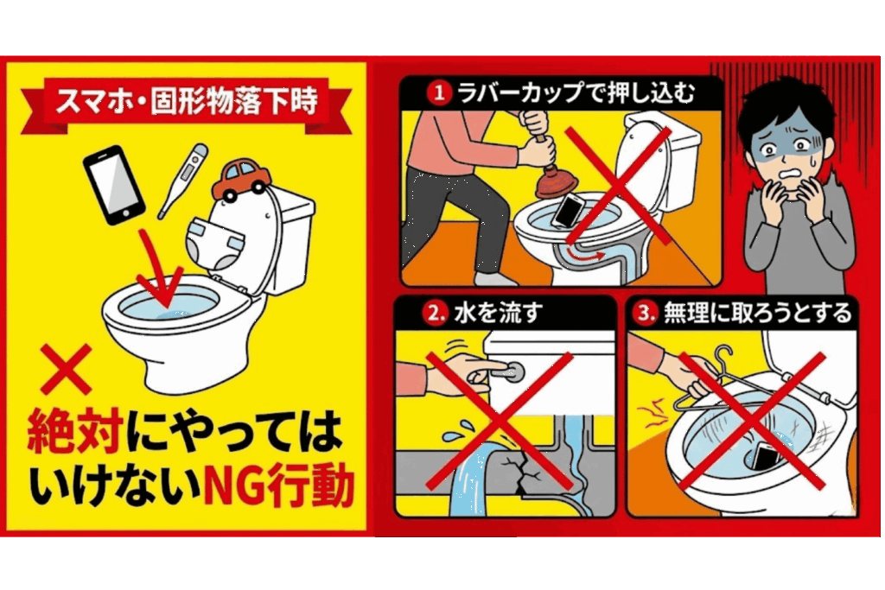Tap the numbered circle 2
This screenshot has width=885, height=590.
point(434,314)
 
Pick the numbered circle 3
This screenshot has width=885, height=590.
point(645,314)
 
